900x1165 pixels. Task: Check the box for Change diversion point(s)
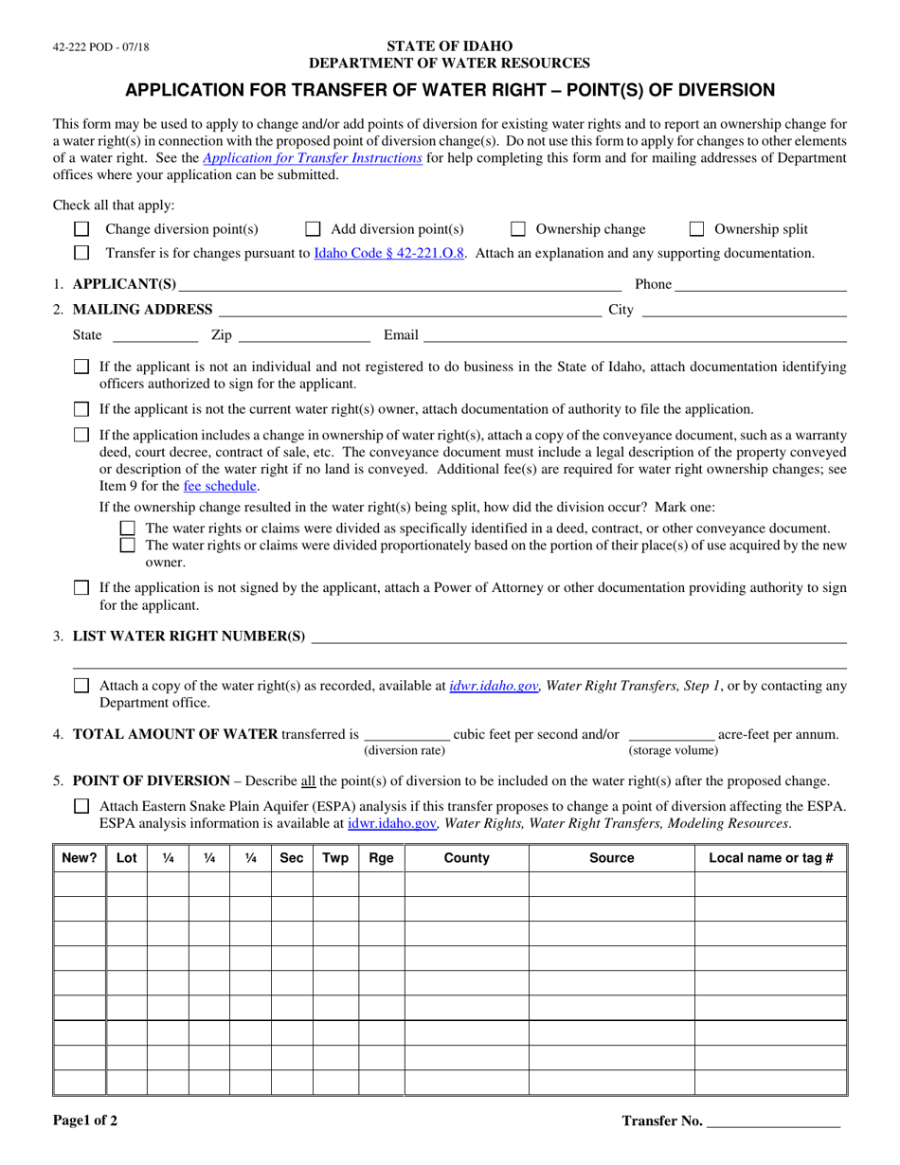point(81,229)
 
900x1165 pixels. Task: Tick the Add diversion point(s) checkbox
point(313,229)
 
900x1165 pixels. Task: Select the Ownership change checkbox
point(518,229)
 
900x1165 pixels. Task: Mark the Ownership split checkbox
point(696,229)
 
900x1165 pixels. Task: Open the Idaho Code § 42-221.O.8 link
point(389,253)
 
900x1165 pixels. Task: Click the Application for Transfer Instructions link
point(313,159)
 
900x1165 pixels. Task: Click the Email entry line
point(634,335)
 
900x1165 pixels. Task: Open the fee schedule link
point(220,486)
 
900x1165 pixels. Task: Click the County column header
point(466,858)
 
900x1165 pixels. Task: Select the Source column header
point(611,858)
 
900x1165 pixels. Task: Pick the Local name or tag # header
point(770,858)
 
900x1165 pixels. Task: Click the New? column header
point(80,858)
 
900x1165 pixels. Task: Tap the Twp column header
point(335,858)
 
